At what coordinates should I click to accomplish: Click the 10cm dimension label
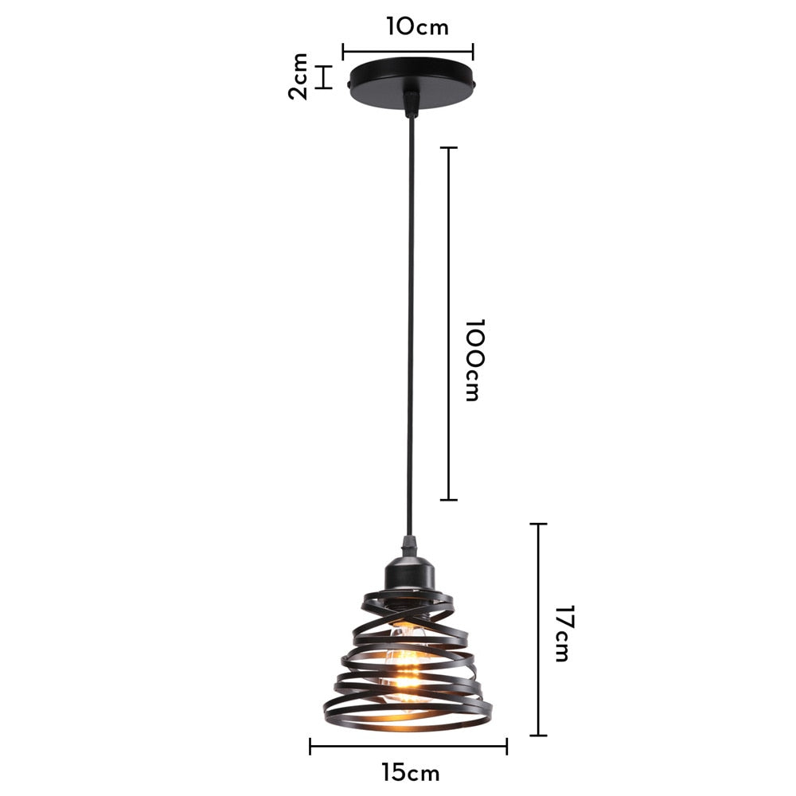click(x=418, y=26)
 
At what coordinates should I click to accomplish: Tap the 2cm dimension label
click(x=298, y=76)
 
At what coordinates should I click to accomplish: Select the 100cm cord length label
click(x=474, y=360)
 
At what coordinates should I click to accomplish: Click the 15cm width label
click(x=410, y=772)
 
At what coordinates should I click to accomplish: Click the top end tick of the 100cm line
click(x=449, y=148)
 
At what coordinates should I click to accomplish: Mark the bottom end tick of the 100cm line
click(x=449, y=500)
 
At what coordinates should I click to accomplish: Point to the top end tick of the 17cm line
click(x=539, y=525)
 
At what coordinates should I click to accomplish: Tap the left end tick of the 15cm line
click(x=310, y=747)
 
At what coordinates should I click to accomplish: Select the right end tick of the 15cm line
click(x=507, y=747)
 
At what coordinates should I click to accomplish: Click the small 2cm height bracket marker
click(x=323, y=77)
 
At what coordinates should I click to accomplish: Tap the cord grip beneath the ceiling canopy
click(x=411, y=104)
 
